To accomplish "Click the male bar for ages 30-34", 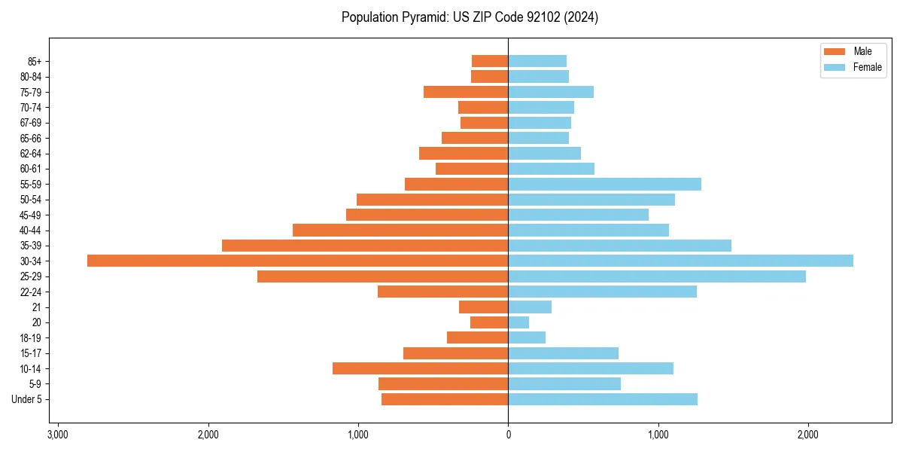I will tap(297, 261).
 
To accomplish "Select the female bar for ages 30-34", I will tap(680, 261).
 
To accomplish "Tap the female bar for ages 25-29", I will tap(657, 276).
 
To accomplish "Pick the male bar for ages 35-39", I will tap(365, 246).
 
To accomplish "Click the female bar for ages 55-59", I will tap(604, 184).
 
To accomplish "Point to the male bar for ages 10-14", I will tap(420, 368).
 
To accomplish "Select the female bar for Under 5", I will tap(603, 399).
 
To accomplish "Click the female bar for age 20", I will tap(518, 322).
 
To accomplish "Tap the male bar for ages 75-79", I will tap(466, 92).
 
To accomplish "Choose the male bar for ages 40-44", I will tap(400, 230).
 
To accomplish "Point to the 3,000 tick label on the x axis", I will tap(58, 435).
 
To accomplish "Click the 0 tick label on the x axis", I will tap(508, 435).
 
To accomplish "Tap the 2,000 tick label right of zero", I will tap(807, 435).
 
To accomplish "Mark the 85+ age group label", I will tap(34, 61).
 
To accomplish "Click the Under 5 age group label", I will tap(27, 399).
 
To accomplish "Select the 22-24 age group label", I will tap(31, 292).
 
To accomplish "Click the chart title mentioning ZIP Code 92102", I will tap(470, 17).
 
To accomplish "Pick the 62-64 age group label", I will tap(31, 154).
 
